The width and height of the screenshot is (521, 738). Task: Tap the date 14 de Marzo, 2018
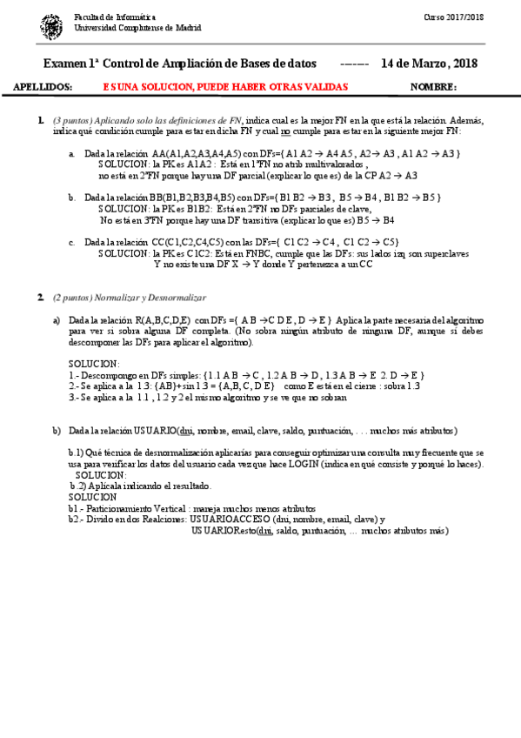pyautogui.click(x=430, y=64)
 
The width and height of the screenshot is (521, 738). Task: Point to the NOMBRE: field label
pyautogui.click(x=432, y=87)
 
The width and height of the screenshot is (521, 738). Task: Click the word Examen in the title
pyautogui.click(x=64, y=64)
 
